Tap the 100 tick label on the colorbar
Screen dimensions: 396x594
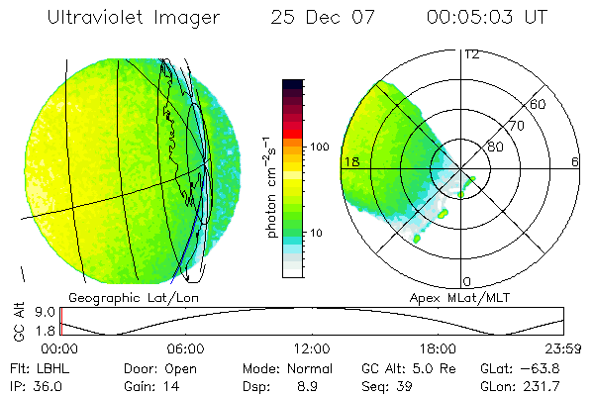[321, 147]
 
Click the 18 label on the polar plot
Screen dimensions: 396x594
[349, 160]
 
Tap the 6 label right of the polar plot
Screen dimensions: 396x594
[575, 160]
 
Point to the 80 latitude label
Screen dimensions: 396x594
[495, 147]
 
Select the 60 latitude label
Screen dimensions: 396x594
[539, 104]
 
